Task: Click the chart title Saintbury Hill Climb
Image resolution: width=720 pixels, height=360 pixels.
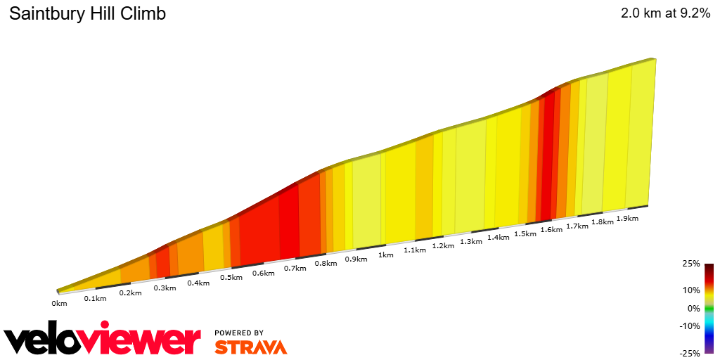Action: pyautogui.click(x=87, y=13)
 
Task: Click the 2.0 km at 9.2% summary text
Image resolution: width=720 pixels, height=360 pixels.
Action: pyautogui.click(x=665, y=13)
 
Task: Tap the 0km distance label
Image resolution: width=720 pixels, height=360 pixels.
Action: pyautogui.click(x=59, y=304)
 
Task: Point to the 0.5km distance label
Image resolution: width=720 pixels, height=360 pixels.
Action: pyautogui.click(x=231, y=278)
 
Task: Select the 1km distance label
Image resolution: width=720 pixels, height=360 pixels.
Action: pyautogui.click(x=385, y=255)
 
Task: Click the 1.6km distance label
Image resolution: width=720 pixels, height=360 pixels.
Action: pyautogui.click(x=551, y=230)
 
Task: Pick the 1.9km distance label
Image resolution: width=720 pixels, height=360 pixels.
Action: pyautogui.click(x=627, y=219)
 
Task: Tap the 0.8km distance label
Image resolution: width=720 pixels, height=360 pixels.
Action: pyautogui.click(x=326, y=264)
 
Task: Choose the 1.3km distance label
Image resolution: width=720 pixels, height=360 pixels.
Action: pyautogui.click(x=470, y=242)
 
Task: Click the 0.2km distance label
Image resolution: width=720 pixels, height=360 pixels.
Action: pyautogui.click(x=130, y=293)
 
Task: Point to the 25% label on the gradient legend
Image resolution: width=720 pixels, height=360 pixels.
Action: pyautogui.click(x=691, y=264)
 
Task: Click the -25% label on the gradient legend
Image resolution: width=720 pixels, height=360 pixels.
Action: pyautogui.click(x=690, y=354)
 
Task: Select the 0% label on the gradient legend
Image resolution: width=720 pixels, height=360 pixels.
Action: pyautogui.click(x=693, y=308)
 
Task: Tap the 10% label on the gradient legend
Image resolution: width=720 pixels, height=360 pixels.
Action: pyautogui.click(x=691, y=290)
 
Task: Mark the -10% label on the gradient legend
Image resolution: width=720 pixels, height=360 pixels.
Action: pyautogui.click(x=690, y=326)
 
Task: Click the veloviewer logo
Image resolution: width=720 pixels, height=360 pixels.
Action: pyautogui.click(x=103, y=340)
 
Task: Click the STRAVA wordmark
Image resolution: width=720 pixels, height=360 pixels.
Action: pyautogui.click(x=250, y=347)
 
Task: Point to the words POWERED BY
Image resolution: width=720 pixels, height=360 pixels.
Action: pyautogui.click(x=239, y=333)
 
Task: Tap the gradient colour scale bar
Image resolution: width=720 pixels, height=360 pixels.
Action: pyautogui.click(x=709, y=309)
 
